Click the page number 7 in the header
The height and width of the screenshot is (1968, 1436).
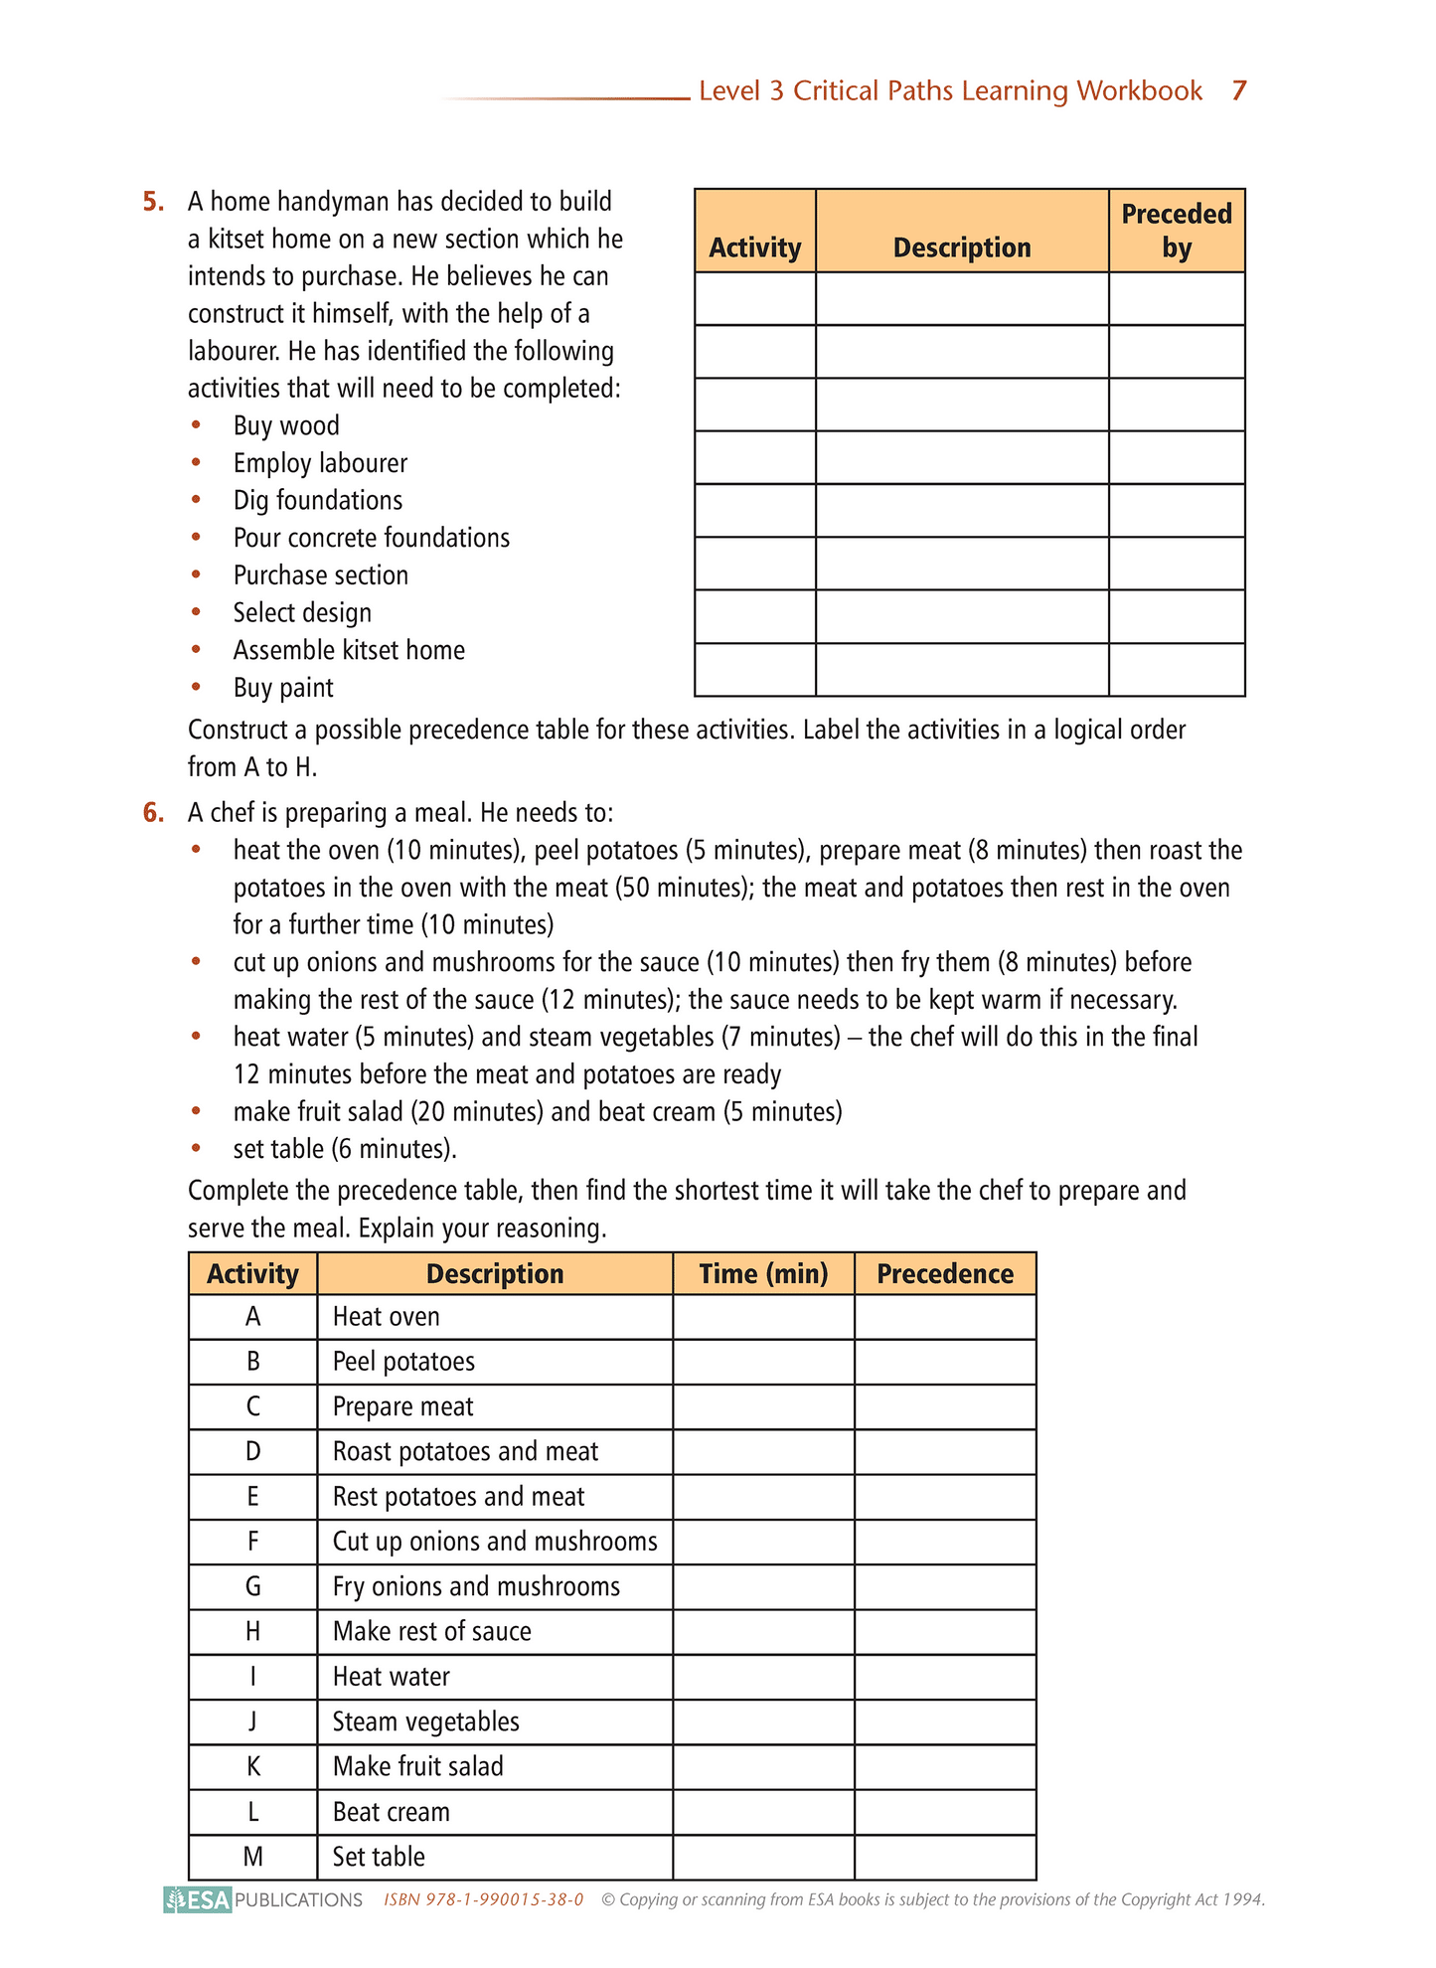point(1238,90)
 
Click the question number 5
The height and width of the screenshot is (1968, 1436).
point(153,202)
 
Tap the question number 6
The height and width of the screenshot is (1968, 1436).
point(153,813)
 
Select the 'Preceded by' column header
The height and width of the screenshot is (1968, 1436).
point(1176,231)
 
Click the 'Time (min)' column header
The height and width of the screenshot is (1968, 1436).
point(763,1274)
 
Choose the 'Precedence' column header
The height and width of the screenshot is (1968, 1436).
point(945,1274)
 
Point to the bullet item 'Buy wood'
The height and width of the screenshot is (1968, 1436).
point(286,426)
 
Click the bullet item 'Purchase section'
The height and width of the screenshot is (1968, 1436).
point(320,575)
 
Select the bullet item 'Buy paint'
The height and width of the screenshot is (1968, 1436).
point(283,688)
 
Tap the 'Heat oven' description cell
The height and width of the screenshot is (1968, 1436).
point(387,1317)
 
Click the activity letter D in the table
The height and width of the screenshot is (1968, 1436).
point(253,1452)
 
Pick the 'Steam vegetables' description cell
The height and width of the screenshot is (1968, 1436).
point(425,1722)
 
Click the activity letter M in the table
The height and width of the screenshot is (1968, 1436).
point(253,1857)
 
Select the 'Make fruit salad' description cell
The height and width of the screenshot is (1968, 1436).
point(417,1766)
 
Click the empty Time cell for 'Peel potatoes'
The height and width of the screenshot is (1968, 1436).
point(763,1362)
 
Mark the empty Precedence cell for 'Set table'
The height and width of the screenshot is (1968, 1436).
point(945,1857)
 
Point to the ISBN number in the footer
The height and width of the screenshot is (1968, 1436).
point(483,1900)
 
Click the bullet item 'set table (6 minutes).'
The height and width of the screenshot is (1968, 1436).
point(345,1150)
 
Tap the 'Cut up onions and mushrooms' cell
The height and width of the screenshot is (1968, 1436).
point(495,1542)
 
